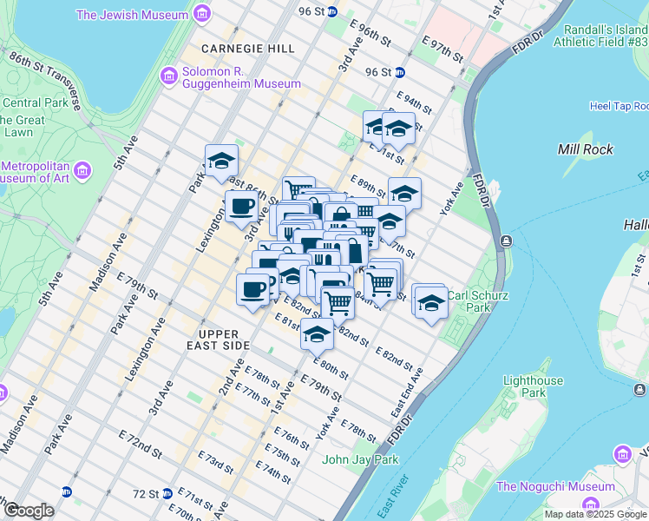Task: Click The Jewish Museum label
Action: tap(132, 15)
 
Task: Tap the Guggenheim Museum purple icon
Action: tap(168, 76)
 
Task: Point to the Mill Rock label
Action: tap(586, 149)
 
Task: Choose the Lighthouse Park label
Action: tap(532, 387)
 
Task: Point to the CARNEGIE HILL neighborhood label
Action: tap(248, 49)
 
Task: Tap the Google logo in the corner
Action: tap(29, 511)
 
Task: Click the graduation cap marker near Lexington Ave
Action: tap(221, 162)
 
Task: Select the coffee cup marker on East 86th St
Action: tap(241, 208)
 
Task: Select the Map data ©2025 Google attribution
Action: tap(595, 514)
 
